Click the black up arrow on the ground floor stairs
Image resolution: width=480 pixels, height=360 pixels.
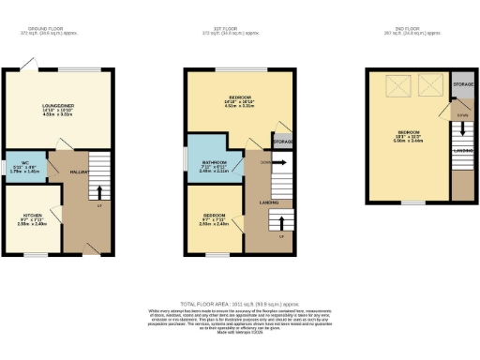[99, 191]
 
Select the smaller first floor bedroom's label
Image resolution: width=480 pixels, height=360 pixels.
[215, 221]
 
